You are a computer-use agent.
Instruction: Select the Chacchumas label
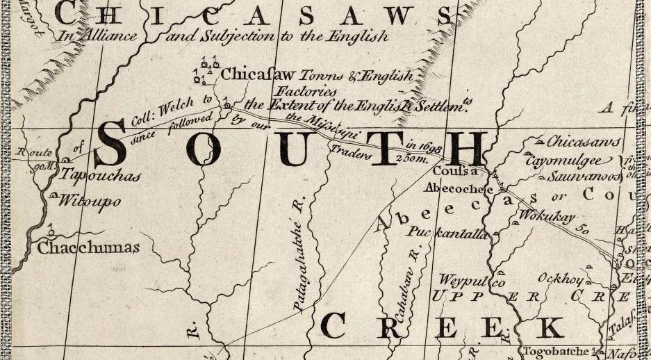click(88, 247)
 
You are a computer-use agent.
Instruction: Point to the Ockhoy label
click(557, 277)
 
